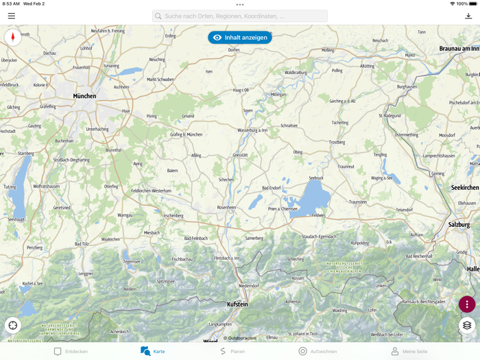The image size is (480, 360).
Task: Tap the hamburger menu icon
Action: point(12,16)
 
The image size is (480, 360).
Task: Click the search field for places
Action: point(240,16)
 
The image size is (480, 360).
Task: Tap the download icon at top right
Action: point(468,16)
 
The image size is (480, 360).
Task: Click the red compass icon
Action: point(12,37)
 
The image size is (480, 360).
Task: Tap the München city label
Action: point(84,96)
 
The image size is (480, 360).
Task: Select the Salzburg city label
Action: point(459,224)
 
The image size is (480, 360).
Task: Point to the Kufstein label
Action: point(237,304)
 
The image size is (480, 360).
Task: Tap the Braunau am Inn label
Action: point(459,49)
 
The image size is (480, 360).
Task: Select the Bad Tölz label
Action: point(82,243)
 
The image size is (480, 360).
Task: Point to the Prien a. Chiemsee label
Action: point(282,208)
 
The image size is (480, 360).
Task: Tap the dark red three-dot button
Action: point(467,304)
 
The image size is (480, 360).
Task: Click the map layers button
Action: point(467,326)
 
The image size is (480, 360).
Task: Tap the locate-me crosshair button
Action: point(13,325)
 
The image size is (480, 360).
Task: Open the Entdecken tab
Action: point(71,351)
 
